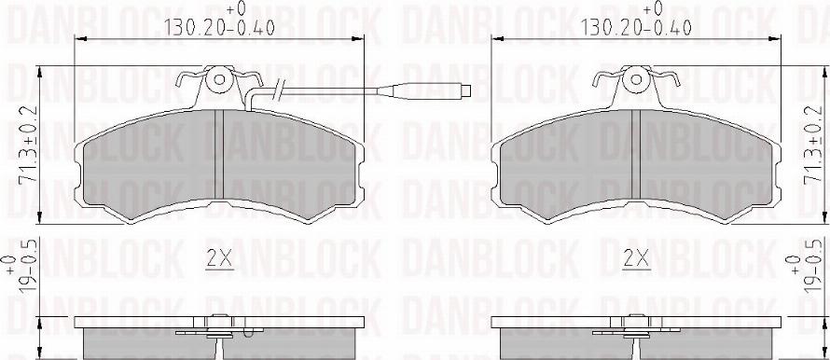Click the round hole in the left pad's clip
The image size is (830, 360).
click(220, 80)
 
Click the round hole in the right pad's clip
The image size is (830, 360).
click(638, 80)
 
